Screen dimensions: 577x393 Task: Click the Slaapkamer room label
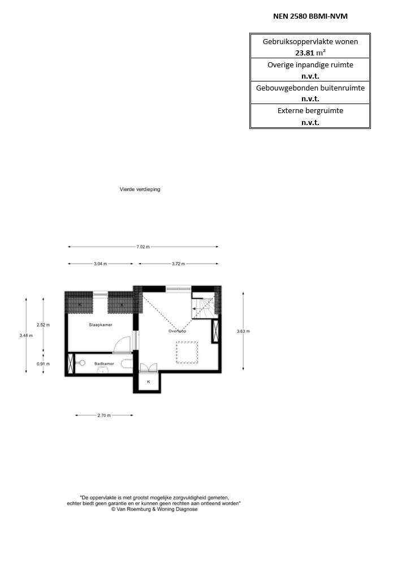click(x=100, y=325)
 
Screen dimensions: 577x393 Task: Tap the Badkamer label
click(x=104, y=364)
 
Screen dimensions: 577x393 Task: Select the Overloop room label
click(x=177, y=331)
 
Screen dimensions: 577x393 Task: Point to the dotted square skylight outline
click(x=187, y=352)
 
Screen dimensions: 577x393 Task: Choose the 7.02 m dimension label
click(x=143, y=247)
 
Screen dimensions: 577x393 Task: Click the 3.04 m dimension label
click(x=101, y=264)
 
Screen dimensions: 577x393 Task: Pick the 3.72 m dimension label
click(x=178, y=264)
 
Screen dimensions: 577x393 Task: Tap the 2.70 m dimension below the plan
click(x=104, y=415)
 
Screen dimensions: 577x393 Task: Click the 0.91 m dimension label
click(x=43, y=364)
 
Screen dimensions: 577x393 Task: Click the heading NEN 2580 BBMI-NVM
click(x=310, y=16)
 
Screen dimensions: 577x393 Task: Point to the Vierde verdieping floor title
click(x=140, y=190)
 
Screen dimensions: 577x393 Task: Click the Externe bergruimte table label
click(x=310, y=111)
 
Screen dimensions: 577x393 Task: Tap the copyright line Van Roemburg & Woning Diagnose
click(x=154, y=509)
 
